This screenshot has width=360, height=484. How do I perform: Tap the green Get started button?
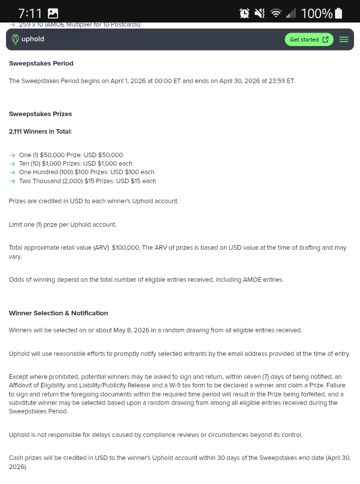pos(309,40)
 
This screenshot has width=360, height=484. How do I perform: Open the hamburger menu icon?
pos(344,40)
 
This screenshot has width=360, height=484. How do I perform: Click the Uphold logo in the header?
pos(28,39)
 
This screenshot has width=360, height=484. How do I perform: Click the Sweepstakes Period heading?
pos(41,64)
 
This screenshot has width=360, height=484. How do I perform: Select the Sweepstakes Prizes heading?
pos(40,114)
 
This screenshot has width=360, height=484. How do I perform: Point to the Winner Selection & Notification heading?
pos(58,313)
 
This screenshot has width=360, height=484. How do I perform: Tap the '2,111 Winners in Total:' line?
pos(40,132)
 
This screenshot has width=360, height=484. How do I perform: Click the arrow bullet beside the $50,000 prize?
pos(12,156)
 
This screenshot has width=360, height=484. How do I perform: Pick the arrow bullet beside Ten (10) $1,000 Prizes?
pos(12,164)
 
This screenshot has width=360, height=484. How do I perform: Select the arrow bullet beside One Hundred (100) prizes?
pos(12,173)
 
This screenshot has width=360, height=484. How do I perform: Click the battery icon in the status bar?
pos(338,14)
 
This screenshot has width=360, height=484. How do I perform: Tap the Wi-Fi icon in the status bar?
pos(275,14)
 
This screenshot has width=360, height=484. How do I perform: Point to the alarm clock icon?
pos(244,14)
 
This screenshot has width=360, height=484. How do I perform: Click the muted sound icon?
pos(260,14)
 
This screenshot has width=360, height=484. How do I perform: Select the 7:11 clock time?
pos(30,14)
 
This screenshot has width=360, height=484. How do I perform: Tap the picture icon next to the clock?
pos(52,14)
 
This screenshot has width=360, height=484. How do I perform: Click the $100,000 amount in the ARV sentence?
pos(125,248)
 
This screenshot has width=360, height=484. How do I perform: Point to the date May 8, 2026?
pos(131,330)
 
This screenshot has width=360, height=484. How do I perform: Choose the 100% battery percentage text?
pos(316,14)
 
